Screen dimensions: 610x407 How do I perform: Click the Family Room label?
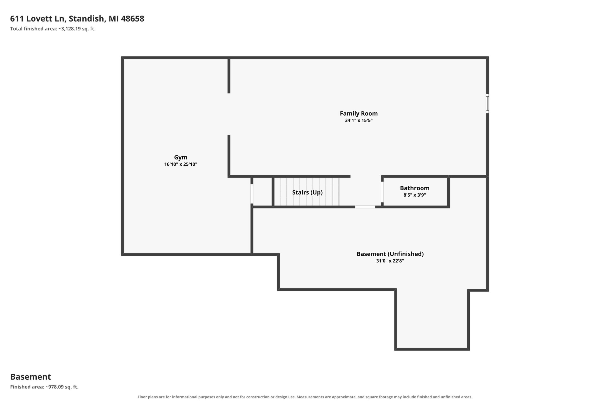point(359,113)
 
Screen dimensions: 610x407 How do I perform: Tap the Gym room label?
point(181,157)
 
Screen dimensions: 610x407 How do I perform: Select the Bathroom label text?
point(414,188)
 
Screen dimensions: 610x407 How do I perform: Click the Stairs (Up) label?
point(307,192)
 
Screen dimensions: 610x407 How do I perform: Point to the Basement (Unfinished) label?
point(390,254)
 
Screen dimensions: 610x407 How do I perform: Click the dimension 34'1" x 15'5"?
point(359,120)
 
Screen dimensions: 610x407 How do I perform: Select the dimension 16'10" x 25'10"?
point(181,164)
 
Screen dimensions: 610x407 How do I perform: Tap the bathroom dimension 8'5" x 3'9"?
point(414,195)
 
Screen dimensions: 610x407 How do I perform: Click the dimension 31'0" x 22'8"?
point(390,260)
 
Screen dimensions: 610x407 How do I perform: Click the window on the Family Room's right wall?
point(487,103)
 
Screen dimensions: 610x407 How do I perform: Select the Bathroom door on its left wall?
point(382,192)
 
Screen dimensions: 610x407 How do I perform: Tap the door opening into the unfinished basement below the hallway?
point(365,207)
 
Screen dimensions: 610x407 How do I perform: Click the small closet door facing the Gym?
point(252,194)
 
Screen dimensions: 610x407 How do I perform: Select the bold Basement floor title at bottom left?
point(30,377)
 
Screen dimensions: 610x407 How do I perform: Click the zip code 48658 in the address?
point(132,19)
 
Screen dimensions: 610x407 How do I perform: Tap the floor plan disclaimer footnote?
point(305,397)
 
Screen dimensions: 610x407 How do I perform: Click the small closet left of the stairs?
point(262,192)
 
